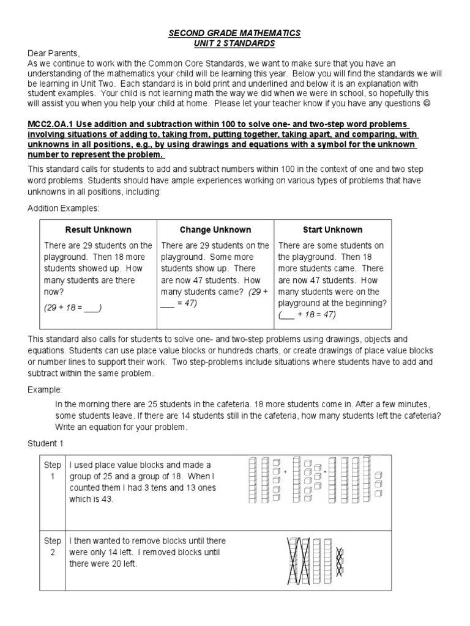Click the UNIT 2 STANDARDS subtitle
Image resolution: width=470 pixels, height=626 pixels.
pos(235,43)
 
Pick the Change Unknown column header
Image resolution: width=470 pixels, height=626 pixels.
pos(215,230)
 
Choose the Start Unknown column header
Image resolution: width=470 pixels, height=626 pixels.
pos(332,230)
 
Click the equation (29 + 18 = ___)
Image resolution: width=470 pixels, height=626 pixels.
pos(72,308)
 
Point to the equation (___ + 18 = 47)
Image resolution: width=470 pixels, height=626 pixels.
pos(307,315)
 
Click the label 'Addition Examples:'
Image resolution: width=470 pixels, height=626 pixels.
pos(63,208)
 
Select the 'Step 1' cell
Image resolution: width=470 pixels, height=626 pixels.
pos(53,471)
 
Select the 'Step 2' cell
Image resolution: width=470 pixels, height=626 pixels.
pos(53,547)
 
